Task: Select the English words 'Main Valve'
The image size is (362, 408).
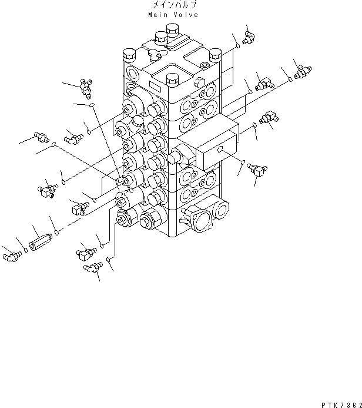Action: click(173, 15)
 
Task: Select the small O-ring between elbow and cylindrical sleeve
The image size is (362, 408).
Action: click(24, 249)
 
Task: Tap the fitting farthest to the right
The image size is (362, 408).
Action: click(300, 72)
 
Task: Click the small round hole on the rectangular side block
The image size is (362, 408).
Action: click(220, 151)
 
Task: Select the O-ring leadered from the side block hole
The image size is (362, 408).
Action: click(242, 162)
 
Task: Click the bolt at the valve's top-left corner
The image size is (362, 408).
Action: click(130, 57)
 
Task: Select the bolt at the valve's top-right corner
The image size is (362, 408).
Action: click(214, 54)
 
